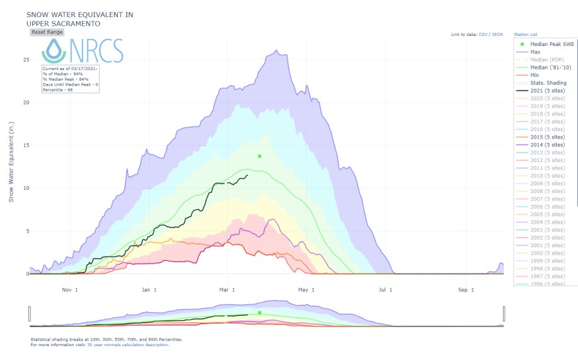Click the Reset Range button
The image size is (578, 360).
pos(47,32)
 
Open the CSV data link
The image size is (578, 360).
pos(483,34)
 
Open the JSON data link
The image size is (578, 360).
pos(497,34)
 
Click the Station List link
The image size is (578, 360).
pos(526,34)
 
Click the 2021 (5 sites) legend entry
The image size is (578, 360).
pos(547,91)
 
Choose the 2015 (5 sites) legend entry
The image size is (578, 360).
pos(547,137)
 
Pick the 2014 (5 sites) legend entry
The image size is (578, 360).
pos(547,145)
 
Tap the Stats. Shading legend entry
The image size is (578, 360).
pos(546,83)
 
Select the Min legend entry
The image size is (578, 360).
pos(535,75)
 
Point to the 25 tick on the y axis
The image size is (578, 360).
pos(26,60)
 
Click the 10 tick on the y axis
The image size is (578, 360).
pos(26,189)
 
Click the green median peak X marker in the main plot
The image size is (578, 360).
pos(260,156)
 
